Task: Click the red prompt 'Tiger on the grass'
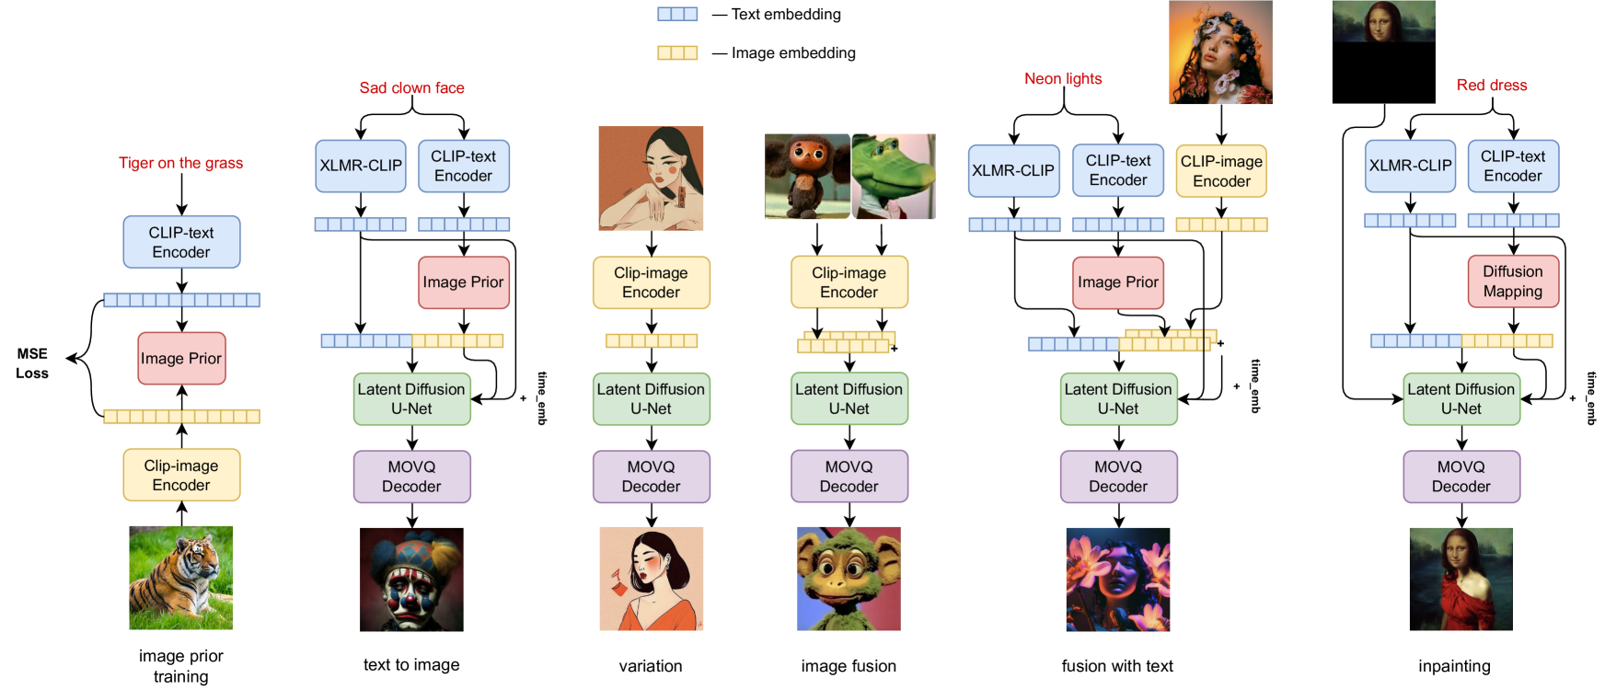(x=180, y=163)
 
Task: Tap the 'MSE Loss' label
(x=32, y=363)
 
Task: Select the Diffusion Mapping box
(x=1512, y=282)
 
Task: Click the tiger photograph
(x=180, y=578)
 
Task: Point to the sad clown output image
(x=411, y=579)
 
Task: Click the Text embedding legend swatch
(x=676, y=14)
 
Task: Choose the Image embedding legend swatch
(x=676, y=52)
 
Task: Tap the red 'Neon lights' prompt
(x=1063, y=79)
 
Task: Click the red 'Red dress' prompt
(x=1491, y=86)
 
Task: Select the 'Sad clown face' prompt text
(x=411, y=88)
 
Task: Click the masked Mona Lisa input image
(x=1383, y=52)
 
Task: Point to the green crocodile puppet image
(x=893, y=176)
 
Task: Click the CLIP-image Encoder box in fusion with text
(x=1221, y=171)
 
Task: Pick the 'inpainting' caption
(x=1454, y=666)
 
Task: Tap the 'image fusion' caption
(x=848, y=666)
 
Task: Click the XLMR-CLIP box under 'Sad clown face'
(x=360, y=166)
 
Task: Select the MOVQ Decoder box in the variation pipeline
(x=651, y=477)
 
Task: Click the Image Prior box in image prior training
(x=181, y=359)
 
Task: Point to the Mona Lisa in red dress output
(x=1461, y=579)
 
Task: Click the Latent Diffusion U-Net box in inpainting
(x=1461, y=398)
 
